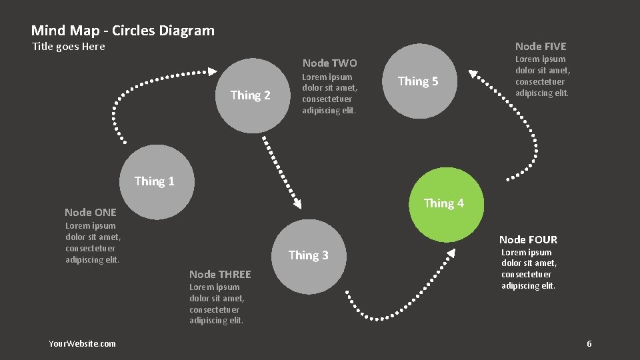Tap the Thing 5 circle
click(x=418, y=81)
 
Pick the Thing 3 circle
click(x=309, y=256)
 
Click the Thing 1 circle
click(x=154, y=181)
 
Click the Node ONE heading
click(x=91, y=212)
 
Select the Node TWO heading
click(x=329, y=63)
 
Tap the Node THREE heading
click(x=220, y=274)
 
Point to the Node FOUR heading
click(x=528, y=239)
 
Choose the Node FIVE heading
click(x=541, y=46)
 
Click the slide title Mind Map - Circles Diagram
click(x=123, y=30)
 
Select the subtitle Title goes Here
click(x=69, y=46)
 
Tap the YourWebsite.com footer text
click(x=82, y=343)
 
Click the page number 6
click(x=589, y=343)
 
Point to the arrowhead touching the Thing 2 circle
click(x=211, y=71)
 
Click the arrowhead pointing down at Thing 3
click(x=297, y=204)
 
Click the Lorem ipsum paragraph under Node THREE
click(x=217, y=304)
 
